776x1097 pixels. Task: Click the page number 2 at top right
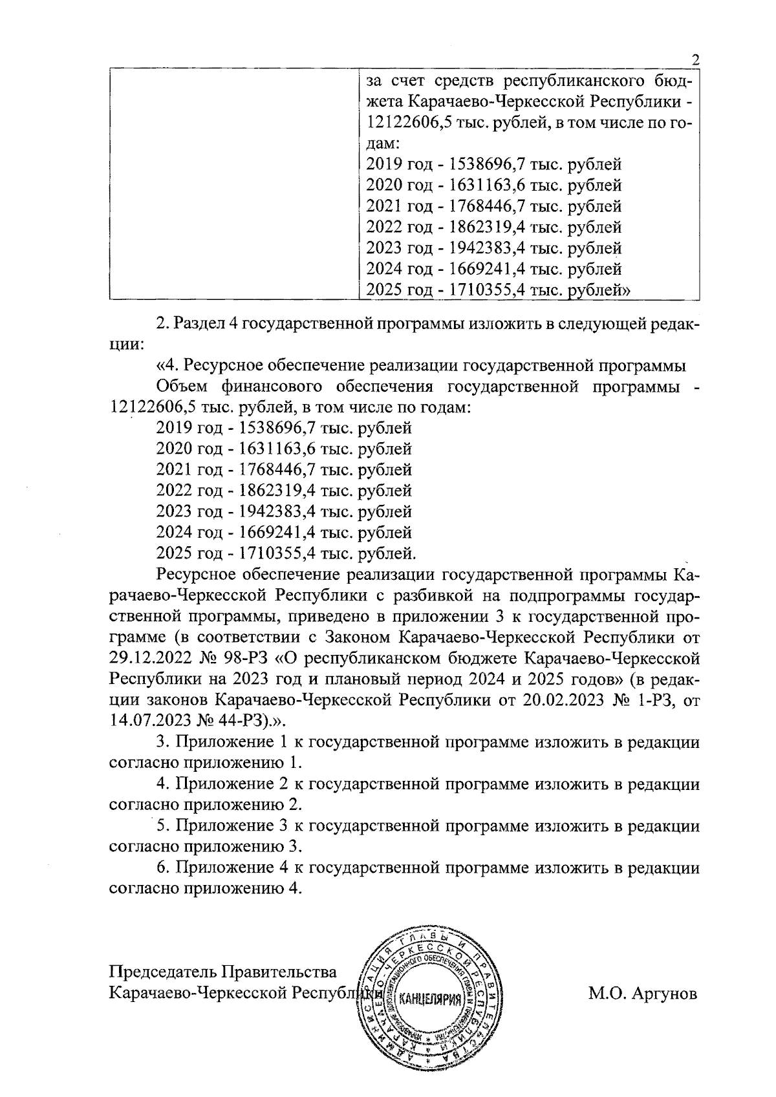pyautogui.click(x=696, y=61)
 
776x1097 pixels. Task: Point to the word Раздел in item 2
pyautogui.click(x=197, y=323)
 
